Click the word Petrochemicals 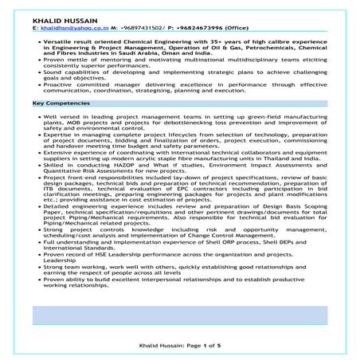[260, 47]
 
